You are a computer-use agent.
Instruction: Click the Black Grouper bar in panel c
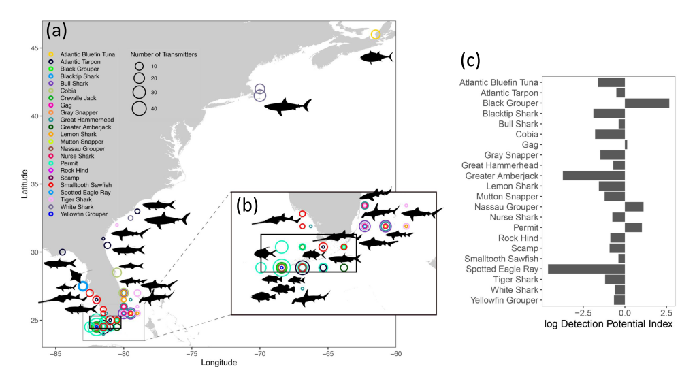click(x=647, y=103)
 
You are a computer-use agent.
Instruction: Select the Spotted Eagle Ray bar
click(x=586, y=269)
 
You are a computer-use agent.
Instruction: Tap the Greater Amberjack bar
click(x=594, y=176)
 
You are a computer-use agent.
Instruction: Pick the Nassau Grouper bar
click(x=634, y=207)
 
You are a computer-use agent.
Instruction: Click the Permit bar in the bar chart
click(x=633, y=227)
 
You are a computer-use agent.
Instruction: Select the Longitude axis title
click(x=218, y=363)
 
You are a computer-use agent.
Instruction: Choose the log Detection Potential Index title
click(x=609, y=325)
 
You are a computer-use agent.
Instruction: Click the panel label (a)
click(x=58, y=31)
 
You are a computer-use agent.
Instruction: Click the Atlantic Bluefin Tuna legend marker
click(x=50, y=54)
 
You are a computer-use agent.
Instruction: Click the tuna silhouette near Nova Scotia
click(x=376, y=57)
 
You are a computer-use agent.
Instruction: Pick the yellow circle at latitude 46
click(x=375, y=35)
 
